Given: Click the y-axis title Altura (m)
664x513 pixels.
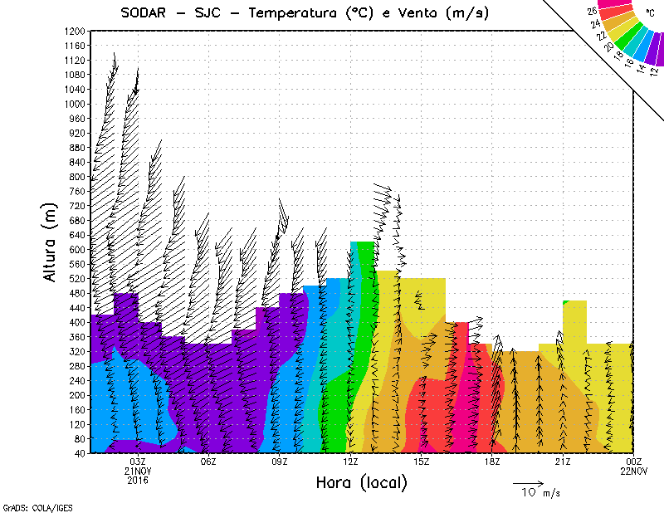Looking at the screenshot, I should pyautogui.click(x=51, y=242).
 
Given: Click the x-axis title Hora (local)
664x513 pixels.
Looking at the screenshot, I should pyautogui.click(x=362, y=482).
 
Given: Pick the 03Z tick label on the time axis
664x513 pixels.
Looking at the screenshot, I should pyautogui.click(x=138, y=462).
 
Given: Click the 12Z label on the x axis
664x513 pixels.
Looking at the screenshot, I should pyautogui.click(x=350, y=462).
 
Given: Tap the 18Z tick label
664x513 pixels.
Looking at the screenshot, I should pyautogui.click(x=491, y=462).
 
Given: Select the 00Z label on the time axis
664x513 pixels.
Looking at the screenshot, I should pyautogui.click(x=634, y=462).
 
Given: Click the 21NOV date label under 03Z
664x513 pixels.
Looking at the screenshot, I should pyautogui.click(x=138, y=471).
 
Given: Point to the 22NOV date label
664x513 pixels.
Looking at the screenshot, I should pyautogui.click(x=634, y=471).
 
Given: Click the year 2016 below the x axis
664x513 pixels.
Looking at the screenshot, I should pyautogui.click(x=138, y=480).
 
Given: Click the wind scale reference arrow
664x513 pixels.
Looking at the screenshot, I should pyautogui.click(x=528, y=481).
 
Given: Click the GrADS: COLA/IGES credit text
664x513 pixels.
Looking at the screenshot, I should pyautogui.click(x=24, y=506).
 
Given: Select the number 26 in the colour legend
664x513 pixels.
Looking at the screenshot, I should pyautogui.click(x=592, y=12).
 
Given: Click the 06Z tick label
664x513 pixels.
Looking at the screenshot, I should pyautogui.click(x=208, y=462).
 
